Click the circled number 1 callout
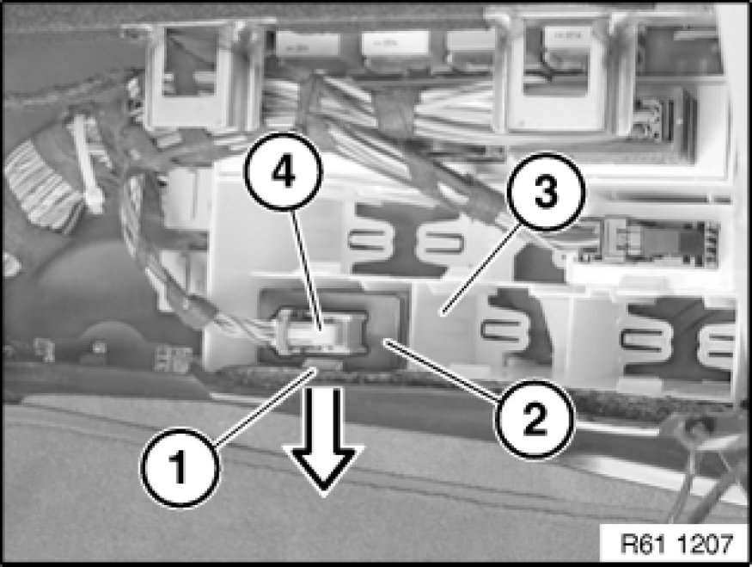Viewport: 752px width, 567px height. point(180,467)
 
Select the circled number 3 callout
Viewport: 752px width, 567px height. point(547,192)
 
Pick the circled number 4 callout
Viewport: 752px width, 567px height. point(284,171)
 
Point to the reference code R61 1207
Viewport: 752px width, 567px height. point(676,544)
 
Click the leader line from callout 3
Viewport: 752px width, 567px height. point(482,270)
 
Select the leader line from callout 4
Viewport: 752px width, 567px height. point(306,270)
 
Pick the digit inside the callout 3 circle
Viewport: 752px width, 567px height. point(547,192)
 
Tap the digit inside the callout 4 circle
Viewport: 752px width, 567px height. point(284,171)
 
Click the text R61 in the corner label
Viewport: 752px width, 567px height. point(643,544)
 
